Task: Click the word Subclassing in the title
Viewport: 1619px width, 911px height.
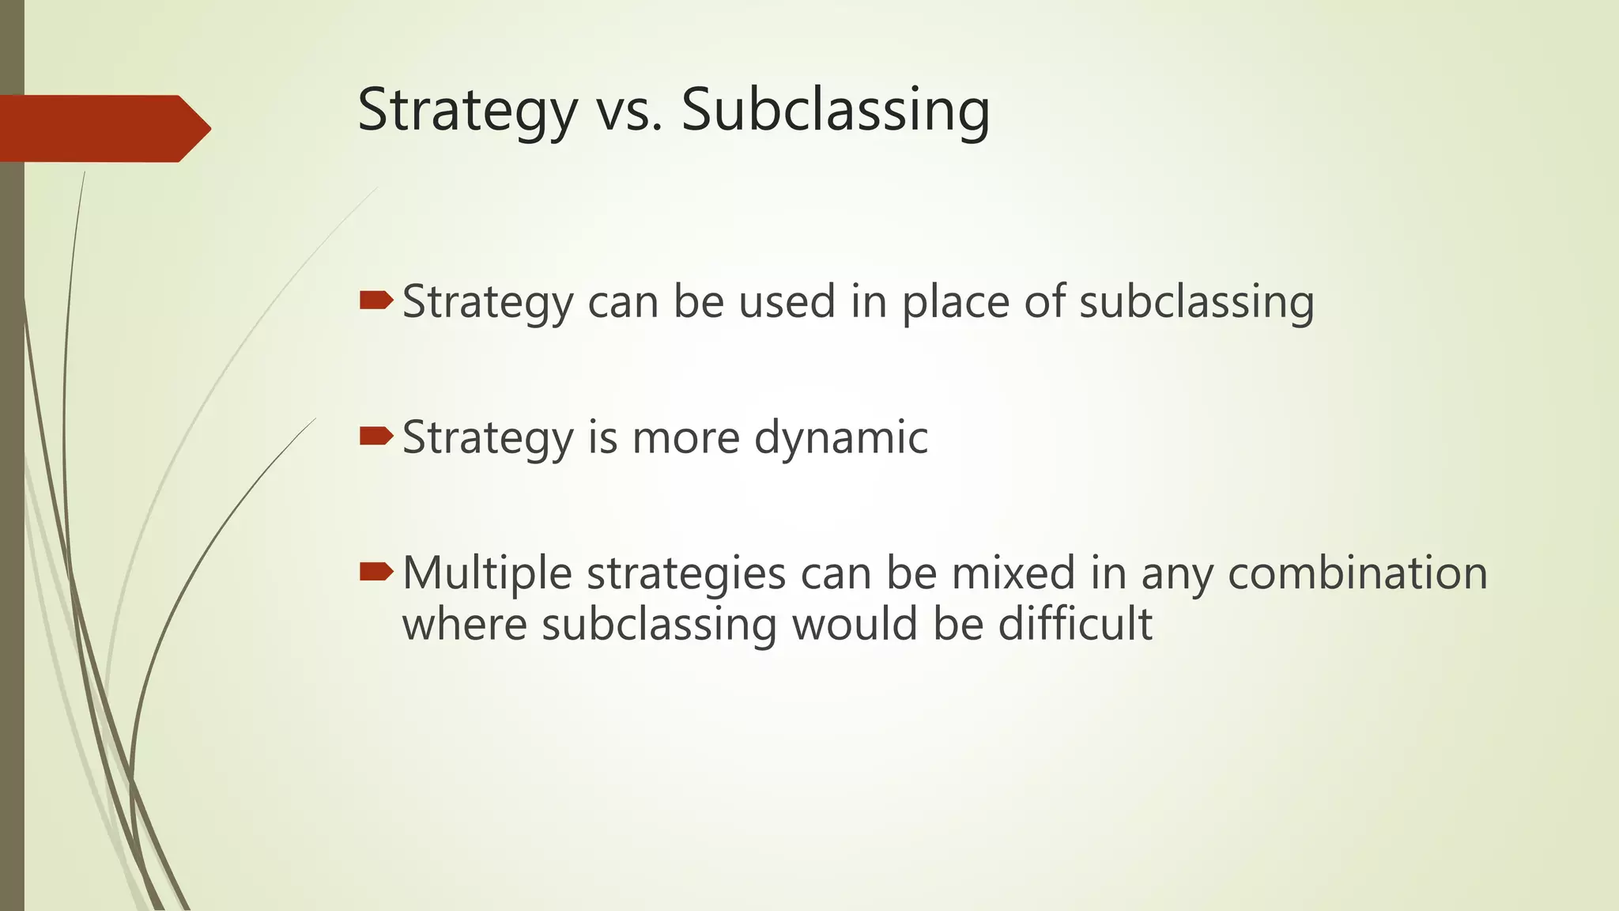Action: pyautogui.click(x=835, y=111)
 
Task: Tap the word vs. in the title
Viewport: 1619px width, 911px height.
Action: pyautogui.click(x=628, y=111)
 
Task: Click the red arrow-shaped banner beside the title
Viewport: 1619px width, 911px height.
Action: pyautogui.click(x=103, y=128)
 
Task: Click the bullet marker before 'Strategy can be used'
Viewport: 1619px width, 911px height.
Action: pyautogui.click(x=376, y=300)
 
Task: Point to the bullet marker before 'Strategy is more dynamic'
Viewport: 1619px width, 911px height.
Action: pyautogui.click(x=376, y=436)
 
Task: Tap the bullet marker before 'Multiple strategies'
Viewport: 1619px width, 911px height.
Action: pyautogui.click(x=376, y=571)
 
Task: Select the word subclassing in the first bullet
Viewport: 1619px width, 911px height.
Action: pyautogui.click(x=1196, y=303)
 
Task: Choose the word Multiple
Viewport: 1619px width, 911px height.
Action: pyautogui.click(x=487, y=574)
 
